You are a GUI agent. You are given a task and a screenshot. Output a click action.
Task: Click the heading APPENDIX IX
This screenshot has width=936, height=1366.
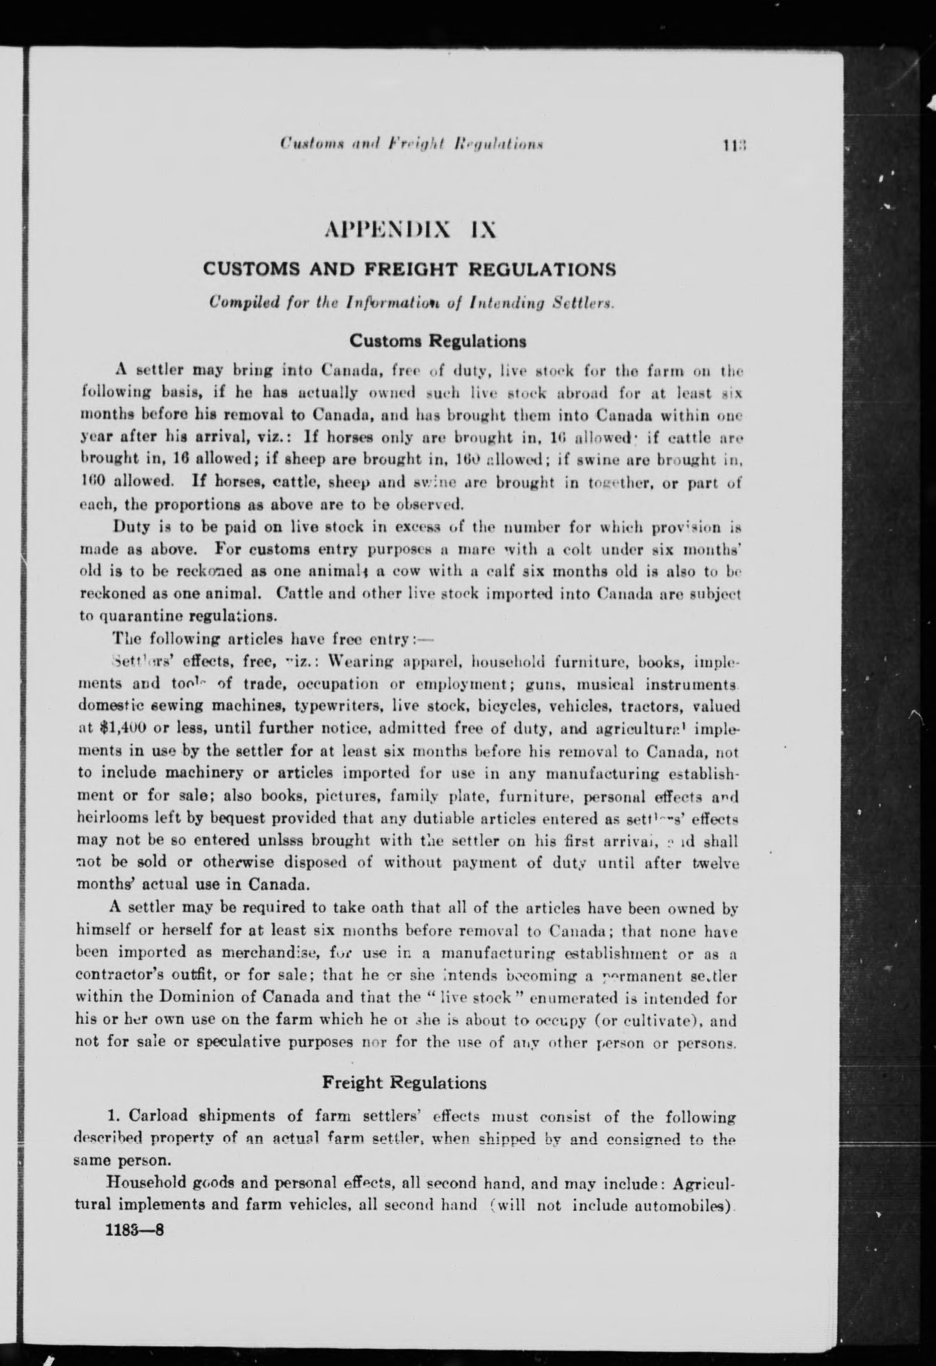pos(410,228)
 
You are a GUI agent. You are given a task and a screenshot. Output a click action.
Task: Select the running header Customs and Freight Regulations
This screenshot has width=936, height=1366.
pos(411,144)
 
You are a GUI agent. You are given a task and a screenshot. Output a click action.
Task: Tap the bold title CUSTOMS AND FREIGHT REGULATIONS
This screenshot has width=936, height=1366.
pos(409,270)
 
